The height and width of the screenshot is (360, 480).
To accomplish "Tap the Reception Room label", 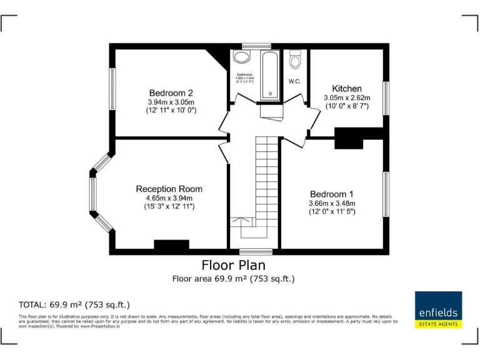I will pyautogui.click(x=169, y=189).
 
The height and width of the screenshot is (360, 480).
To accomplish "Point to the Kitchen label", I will pyautogui.click(x=346, y=89).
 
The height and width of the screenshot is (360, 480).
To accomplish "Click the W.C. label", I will pyautogui.click(x=295, y=81).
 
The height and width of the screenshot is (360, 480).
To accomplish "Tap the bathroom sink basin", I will pyautogui.click(x=241, y=57).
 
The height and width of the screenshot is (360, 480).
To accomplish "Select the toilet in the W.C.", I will pyautogui.click(x=295, y=61).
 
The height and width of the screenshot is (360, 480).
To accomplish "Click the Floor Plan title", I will pyautogui.click(x=233, y=266).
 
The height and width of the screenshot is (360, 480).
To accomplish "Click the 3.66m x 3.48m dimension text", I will pyautogui.click(x=331, y=204).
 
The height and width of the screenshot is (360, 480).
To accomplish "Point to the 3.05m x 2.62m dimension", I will pyautogui.click(x=346, y=98).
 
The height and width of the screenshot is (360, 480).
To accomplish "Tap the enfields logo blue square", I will pyautogui.click(x=437, y=306).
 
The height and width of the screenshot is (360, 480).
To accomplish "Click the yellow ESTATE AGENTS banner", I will pyautogui.click(x=437, y=324).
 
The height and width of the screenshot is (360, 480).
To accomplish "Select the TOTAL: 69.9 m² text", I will pyautogui.click(x=74, y=305).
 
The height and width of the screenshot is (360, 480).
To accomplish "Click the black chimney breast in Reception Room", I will pyautogui.click(x=171, y=246).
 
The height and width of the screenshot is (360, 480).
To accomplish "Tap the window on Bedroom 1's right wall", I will pyautogui.click(x=386, y=194).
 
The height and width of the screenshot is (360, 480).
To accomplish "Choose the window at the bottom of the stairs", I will pyautogui.click(x=255, y=252).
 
